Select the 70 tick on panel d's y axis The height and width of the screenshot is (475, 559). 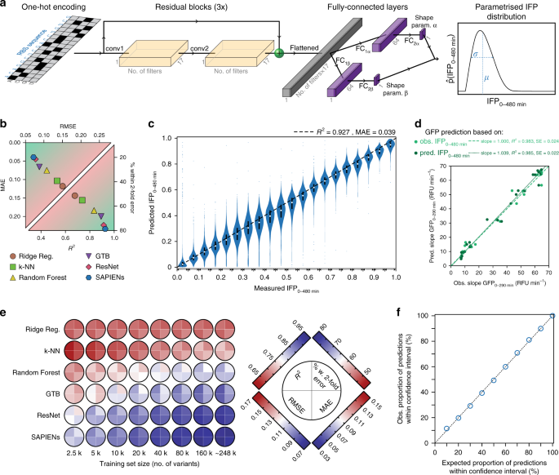[x=447, y=165]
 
